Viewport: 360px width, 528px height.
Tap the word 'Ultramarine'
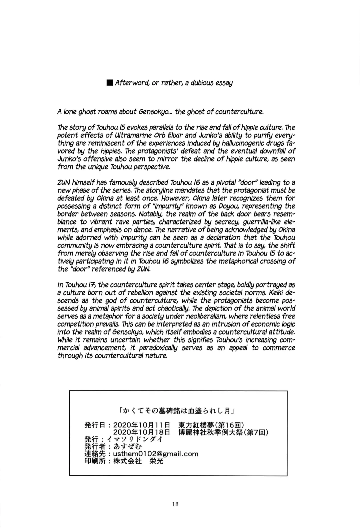pos(123,136)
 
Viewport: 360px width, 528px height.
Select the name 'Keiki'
pos(276,293)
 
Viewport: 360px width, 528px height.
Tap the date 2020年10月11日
pos(142,425)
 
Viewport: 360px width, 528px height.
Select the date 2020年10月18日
pos(142,432)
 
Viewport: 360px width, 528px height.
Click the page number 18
pos(176,504)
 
